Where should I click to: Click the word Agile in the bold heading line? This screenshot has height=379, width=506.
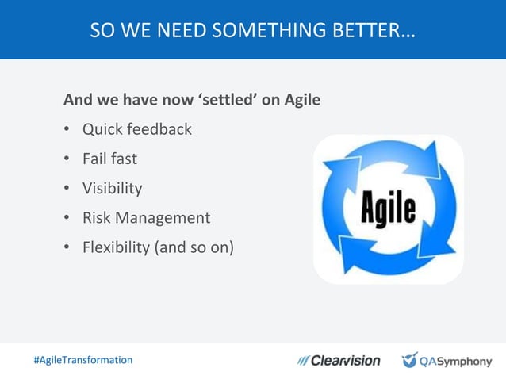(x=301, y=101)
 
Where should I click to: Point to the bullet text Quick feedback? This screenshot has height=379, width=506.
(x=137, y=128)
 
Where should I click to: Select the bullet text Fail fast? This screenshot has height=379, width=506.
(x=109, y=159)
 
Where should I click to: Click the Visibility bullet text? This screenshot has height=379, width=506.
(x=113, y=188)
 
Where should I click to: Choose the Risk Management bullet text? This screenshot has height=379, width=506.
(x=146, y=217)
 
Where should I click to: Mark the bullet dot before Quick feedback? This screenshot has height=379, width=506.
(x=67, y=129)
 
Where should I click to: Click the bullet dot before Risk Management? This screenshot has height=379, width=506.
(x=67, y=218)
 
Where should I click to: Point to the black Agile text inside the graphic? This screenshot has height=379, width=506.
(x=389, y=209)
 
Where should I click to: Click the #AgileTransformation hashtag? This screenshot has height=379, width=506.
(x=82, y=360)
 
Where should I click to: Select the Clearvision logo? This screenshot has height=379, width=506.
(x=339, y=361)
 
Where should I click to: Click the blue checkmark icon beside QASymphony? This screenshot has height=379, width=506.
(x=409, y=360)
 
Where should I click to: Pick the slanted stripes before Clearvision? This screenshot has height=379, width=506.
(x=303, y=361)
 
